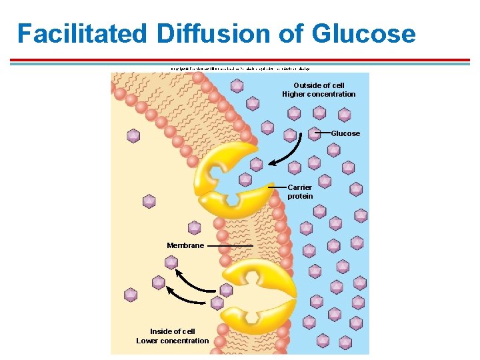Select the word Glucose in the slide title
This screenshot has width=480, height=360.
365,33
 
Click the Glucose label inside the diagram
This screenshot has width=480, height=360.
345,133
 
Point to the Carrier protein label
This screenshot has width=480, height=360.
300,192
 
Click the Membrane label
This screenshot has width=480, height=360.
185,245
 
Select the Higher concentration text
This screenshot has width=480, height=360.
319,94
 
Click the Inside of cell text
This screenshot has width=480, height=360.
173,331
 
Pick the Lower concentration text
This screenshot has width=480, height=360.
173,341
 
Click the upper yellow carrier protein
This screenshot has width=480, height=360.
223,180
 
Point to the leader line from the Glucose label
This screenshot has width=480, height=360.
322,133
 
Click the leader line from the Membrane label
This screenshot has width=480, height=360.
230,245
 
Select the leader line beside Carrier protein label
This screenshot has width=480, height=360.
276,187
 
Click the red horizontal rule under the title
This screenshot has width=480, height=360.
240,60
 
